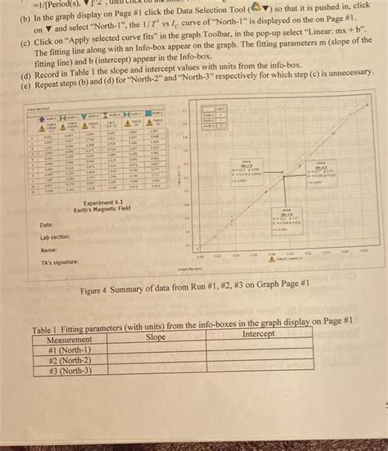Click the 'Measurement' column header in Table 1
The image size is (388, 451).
(x=70, y=337)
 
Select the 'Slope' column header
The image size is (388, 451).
(x=156, y=336)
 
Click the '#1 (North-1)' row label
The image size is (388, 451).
(x=70, y=349)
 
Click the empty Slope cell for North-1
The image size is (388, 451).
(x=156, y=348)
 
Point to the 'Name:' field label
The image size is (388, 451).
(x=47, y=250)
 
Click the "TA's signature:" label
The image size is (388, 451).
(x=61, y=263)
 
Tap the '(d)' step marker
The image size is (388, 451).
(x=28, y=73)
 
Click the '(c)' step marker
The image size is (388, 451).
(x=27, y=39)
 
